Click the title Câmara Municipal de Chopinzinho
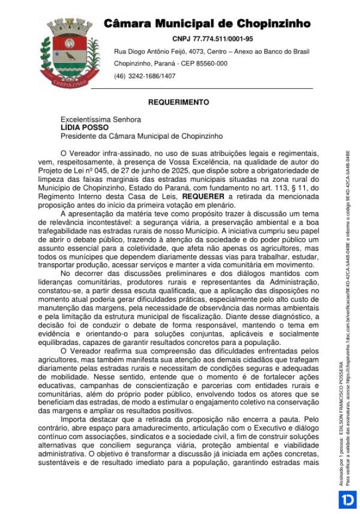pyautogui.click(x=207, y=24)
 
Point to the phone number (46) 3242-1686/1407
pyautogui.click(x=145, y=76)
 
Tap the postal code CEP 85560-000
pyautogui.click(x=204, y=64)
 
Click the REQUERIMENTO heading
pyautogui.click(x=179, y=103)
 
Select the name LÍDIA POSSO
pyautogui.click(x=85, y=128)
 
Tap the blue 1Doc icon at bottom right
pyautogui.click(x=347, y=500)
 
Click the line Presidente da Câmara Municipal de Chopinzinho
pyautogui.click(x=142, y=136)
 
